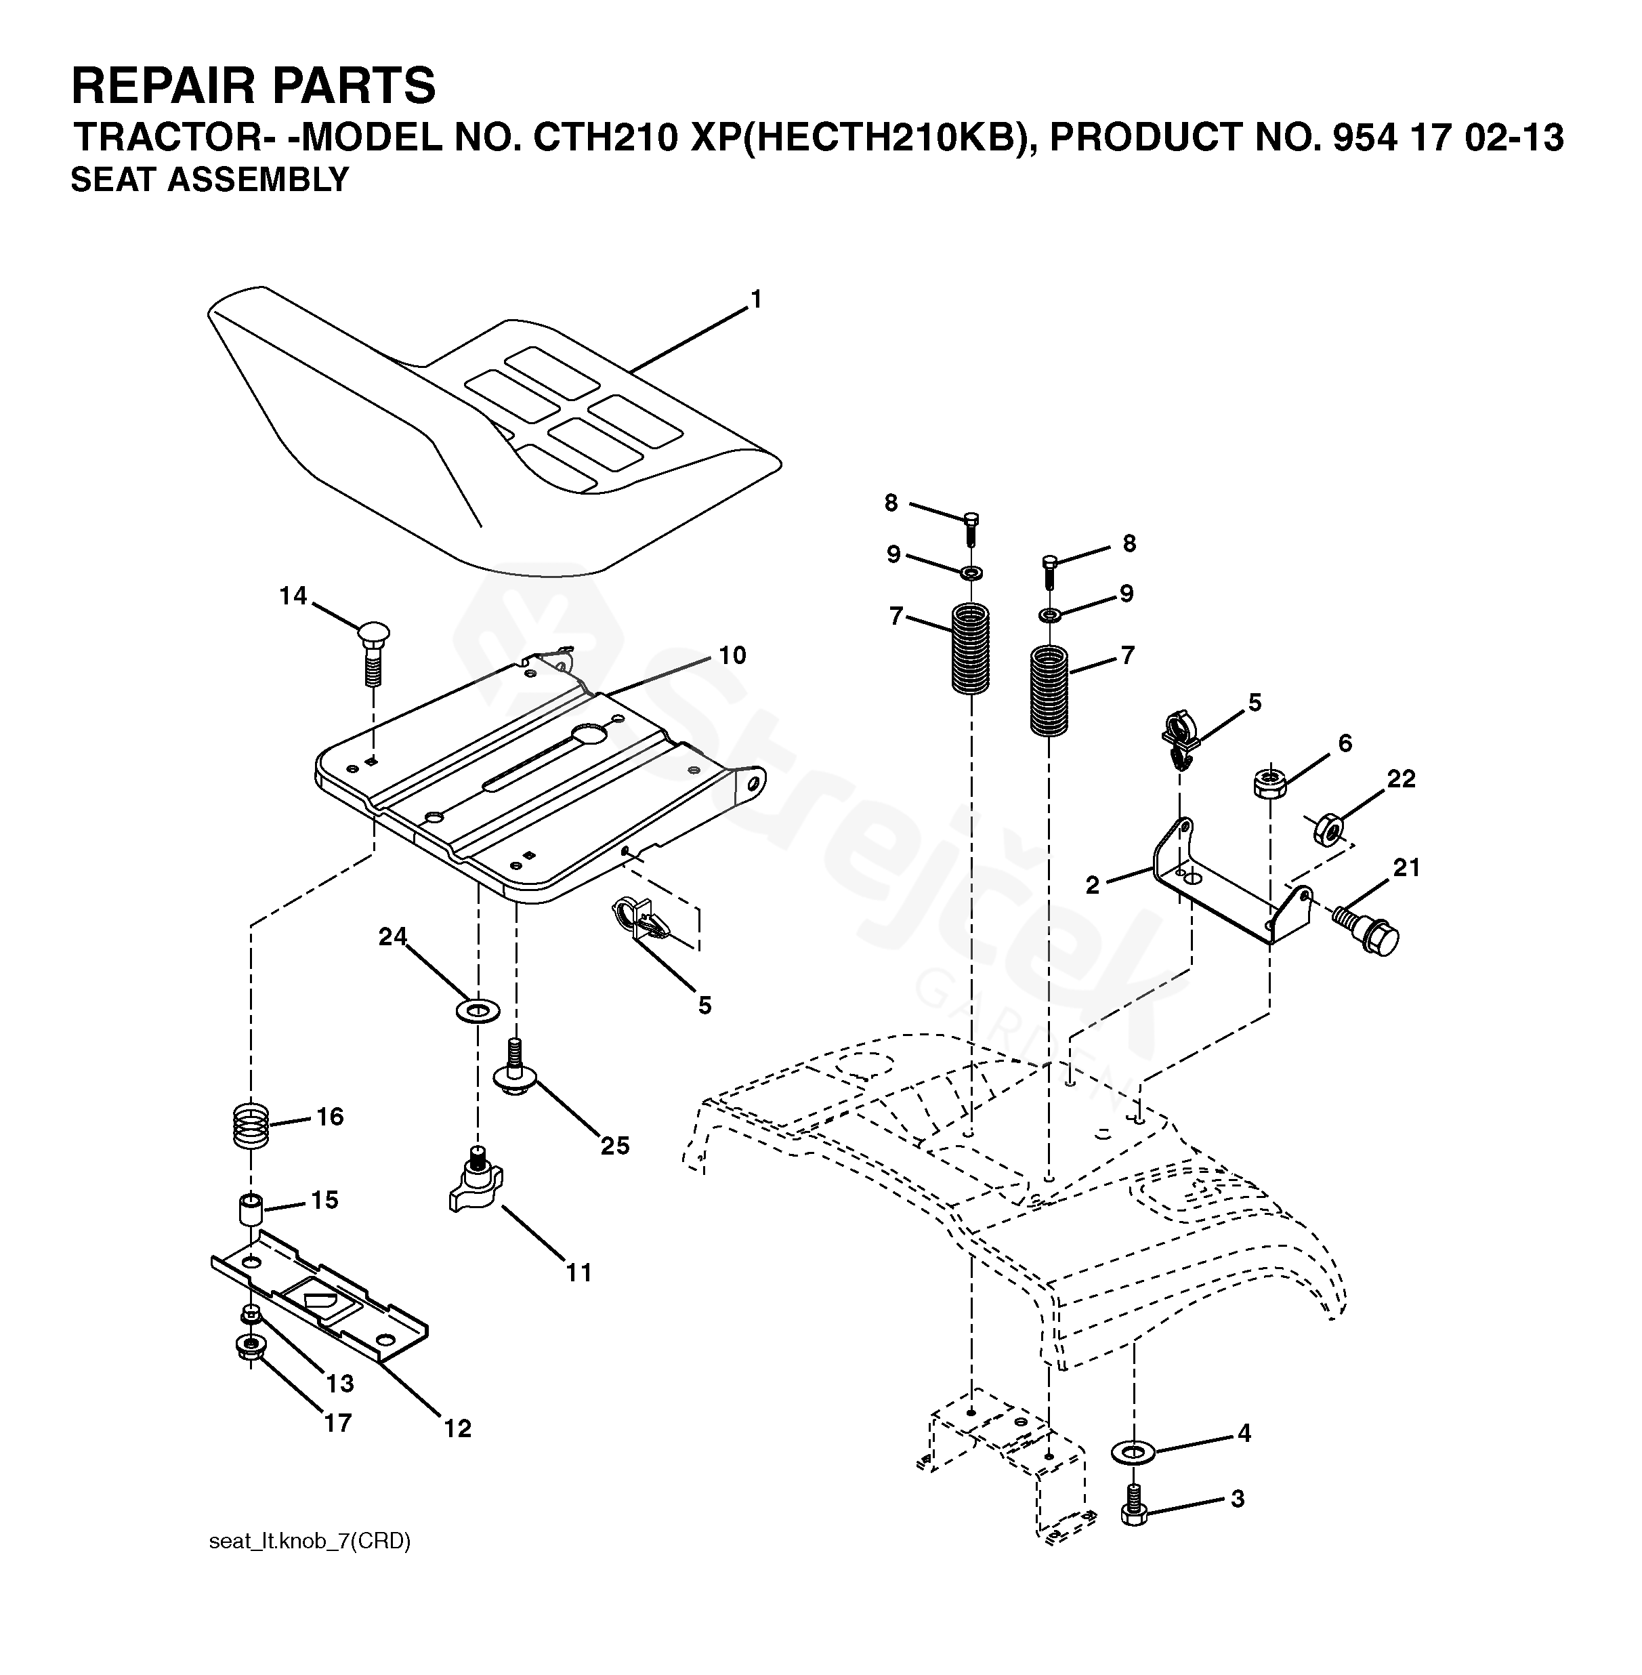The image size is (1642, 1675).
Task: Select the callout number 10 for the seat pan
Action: click(x=732, y=655)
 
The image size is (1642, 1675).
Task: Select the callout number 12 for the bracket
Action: click(x=458, y=1429)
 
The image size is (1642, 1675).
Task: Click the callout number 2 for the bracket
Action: click(x=1093, y=885)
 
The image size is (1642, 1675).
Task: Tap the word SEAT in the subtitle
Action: click(x=114, y=180)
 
